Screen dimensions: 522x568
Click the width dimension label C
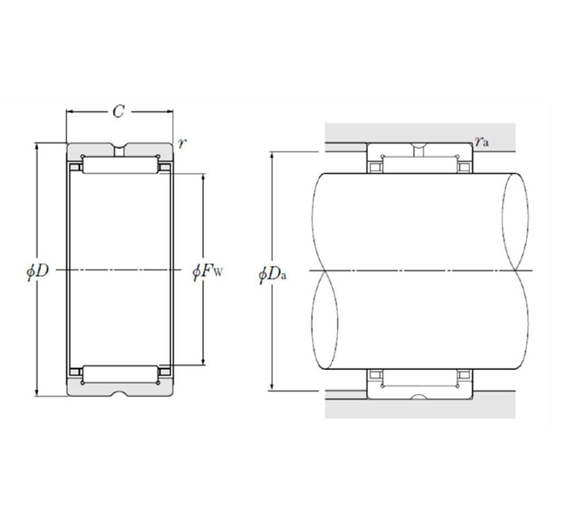click(x=118, y=111)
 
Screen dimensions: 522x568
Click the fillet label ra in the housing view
click(x=481, y=140)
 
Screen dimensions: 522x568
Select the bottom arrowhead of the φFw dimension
click(x=204, y=362)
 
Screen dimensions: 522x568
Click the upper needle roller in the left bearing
click(x=118, y=166)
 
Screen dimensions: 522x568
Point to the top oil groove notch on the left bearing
click(x=118, y=147)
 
